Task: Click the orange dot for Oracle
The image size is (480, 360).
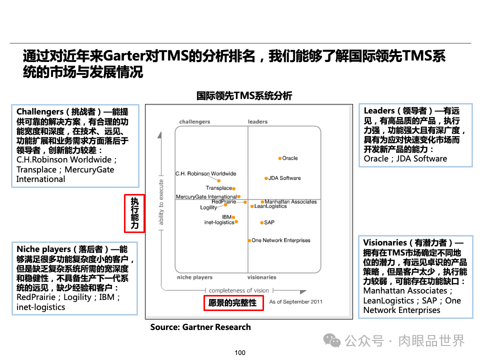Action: point(280,158)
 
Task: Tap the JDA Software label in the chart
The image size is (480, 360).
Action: point(284,178)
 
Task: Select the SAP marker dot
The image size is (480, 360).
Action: point(261,222)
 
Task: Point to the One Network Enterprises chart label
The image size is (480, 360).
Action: point(280,240)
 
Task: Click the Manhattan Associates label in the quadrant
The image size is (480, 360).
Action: point(290,202)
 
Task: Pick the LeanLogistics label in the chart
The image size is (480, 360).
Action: point(270,206)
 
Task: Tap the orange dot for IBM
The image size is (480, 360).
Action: point(233,217)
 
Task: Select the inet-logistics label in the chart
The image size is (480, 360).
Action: point(219,222)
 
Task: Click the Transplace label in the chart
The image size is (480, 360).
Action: point(219,188)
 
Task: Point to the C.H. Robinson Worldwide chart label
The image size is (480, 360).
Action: point(205,174)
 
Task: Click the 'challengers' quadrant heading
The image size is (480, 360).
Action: point(194,122)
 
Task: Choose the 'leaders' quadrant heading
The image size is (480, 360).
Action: point(257,122)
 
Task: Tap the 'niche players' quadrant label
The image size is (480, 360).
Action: point(194,277)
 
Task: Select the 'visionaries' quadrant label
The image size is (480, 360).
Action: point(261,277)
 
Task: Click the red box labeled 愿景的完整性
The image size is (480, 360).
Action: point(233,303)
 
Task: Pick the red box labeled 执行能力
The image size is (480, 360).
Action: point(134,213)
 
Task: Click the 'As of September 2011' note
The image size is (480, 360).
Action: point(295,302)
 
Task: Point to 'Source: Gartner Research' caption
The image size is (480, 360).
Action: point(200,327)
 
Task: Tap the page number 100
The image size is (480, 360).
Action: point(240,353)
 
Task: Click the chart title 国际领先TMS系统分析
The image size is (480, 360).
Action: point(244,96)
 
